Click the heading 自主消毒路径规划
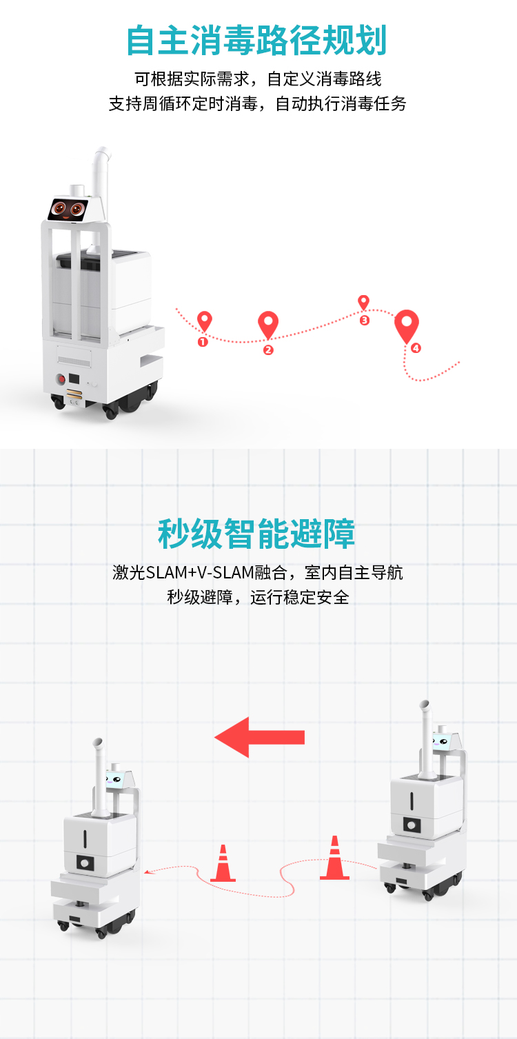tap(256, 41)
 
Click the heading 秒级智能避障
tap(256, 534)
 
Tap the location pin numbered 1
tap(205, 321)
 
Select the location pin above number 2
tap(268, 325)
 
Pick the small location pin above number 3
tap(363, 303)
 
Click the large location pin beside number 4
tap(407, 325)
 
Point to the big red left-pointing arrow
tap(259, 737)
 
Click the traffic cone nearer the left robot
tap(223, 863)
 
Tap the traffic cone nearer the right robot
tap(334, 858)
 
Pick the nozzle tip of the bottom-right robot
tap(424, 703)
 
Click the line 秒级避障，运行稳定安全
tap(258, 598)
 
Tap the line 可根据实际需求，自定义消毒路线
tap(258, 79)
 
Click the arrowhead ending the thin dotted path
tap(147, 872)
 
